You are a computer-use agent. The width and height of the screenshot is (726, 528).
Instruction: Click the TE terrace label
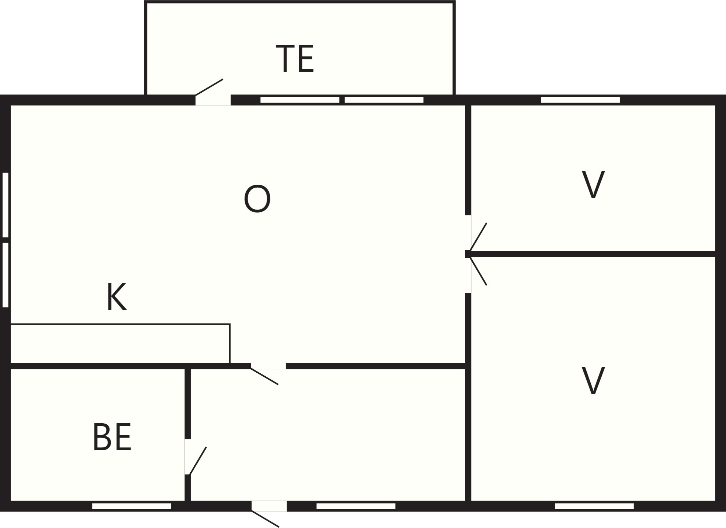pos(295,59)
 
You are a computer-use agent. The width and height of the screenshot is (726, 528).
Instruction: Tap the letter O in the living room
pos(257,199)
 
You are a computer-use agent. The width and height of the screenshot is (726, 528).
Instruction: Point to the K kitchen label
pos(117,297)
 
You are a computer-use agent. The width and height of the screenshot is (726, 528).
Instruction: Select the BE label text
pos(112,437)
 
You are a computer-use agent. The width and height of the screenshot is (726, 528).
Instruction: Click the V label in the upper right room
pos(593,184)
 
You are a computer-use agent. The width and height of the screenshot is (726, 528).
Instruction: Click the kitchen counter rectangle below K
pos(120,343)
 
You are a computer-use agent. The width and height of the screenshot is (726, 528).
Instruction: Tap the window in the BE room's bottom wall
pos(132,506)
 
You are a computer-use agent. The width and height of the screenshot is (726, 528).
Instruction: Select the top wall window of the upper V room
pos(580,100)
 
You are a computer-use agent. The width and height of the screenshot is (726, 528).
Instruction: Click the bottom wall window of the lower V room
pos(594,506)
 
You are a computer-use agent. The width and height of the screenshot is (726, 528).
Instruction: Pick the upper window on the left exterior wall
pos(5,205)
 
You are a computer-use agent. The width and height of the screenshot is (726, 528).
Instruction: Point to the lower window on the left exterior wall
pos(5,275)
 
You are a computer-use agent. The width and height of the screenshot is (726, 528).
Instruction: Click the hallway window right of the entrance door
pos(356,506)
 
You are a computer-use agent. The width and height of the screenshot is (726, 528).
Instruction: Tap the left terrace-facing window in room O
pos(300,100)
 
